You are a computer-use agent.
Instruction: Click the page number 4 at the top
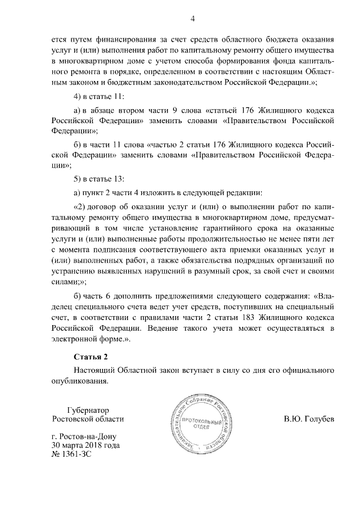192,19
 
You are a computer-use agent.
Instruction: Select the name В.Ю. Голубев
309,419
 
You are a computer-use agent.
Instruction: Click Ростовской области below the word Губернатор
87,419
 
